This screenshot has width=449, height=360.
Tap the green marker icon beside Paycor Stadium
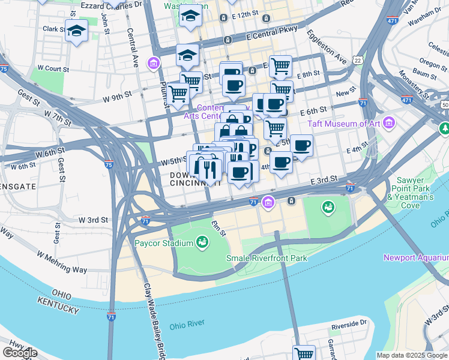tap(203, 242)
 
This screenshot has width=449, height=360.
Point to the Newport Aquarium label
tap(415, 257)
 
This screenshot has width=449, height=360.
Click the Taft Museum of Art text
tap(345, 124)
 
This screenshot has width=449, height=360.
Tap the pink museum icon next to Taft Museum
tap(390, 124)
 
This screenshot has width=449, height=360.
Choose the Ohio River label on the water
tap(187, 326)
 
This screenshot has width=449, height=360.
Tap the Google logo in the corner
tap(20, 353)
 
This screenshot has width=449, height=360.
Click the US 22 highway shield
tap(358, 60)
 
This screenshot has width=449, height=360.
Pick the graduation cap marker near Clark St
tap(77, 31)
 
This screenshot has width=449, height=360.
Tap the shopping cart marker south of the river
tap(304, 353)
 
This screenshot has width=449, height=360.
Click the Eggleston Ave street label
tap(327, 49)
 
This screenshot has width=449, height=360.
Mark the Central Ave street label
tap(133, 53)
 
